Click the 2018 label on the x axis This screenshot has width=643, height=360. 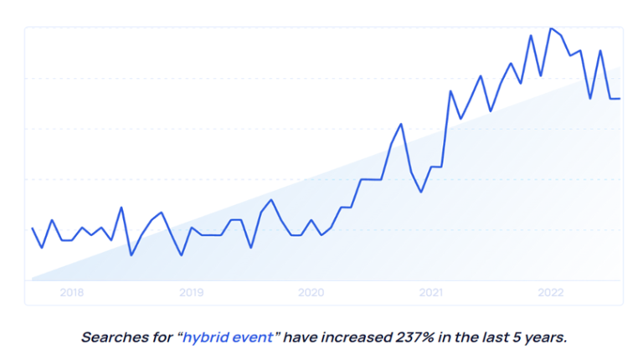(72, 293)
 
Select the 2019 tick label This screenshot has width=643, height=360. (192, 293)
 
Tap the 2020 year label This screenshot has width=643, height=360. (311, 293)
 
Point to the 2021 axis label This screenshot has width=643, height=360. (430, 293)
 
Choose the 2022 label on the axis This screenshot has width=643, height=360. (550, 293)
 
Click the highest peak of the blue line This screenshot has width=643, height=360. (550, 28)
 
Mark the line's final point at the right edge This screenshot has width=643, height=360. (620, 99)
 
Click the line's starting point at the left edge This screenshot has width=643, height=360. (32, 228)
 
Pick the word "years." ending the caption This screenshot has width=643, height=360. (546, 338)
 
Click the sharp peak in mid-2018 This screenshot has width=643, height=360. (121, 208)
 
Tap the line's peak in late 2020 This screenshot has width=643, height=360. (401, 124)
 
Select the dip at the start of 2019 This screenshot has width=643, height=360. (181, 255)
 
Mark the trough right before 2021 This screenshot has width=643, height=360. (421, 192)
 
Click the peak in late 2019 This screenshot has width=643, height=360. (270, 199)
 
